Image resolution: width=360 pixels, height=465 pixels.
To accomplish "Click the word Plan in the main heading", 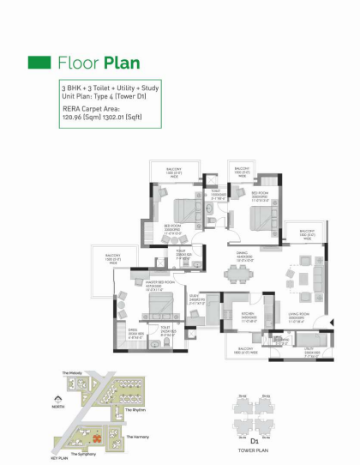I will [122, 63].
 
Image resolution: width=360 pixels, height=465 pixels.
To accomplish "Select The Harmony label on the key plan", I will [137, 437].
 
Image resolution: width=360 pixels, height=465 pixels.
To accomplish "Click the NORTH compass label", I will [57, 408].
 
